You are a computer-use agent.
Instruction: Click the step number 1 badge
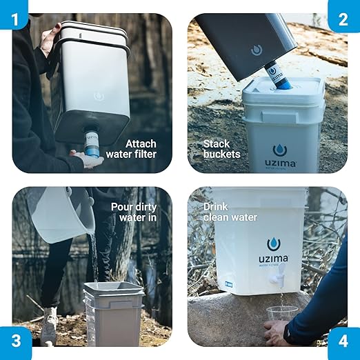point(14,14)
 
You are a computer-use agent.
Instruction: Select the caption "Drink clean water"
point(230,212)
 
